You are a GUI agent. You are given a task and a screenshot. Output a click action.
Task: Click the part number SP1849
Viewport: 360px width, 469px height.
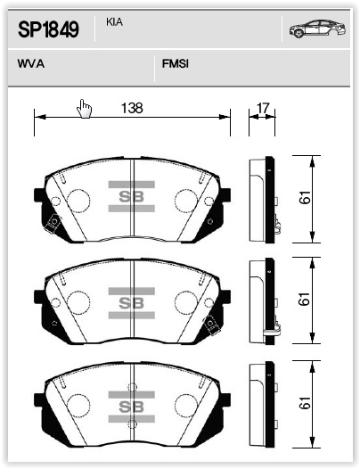click(x=48, y=29)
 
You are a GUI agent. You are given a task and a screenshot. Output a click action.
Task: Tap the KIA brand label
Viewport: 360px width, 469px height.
click(x=114, y=22)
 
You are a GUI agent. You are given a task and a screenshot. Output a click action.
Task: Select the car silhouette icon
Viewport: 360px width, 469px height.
click(x=317, y=29)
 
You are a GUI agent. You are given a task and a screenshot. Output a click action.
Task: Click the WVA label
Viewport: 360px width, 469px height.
click(x=31, y=63)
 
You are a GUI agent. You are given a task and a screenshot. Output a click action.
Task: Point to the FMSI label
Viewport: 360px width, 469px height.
click(x=176, y=63)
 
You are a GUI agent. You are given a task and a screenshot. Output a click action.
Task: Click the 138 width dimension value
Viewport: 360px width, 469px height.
click(x=132, y=108)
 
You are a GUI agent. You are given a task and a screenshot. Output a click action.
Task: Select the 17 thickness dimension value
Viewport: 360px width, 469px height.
click(x=263, y=108)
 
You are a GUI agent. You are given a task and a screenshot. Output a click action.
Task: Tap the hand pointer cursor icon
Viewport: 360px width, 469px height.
click(x=84, y=109)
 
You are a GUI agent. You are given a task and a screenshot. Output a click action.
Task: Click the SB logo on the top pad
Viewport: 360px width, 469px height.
click(x=132, y=196)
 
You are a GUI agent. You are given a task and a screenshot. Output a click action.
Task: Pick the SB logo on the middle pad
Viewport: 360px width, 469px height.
click(x=132, y=303)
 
